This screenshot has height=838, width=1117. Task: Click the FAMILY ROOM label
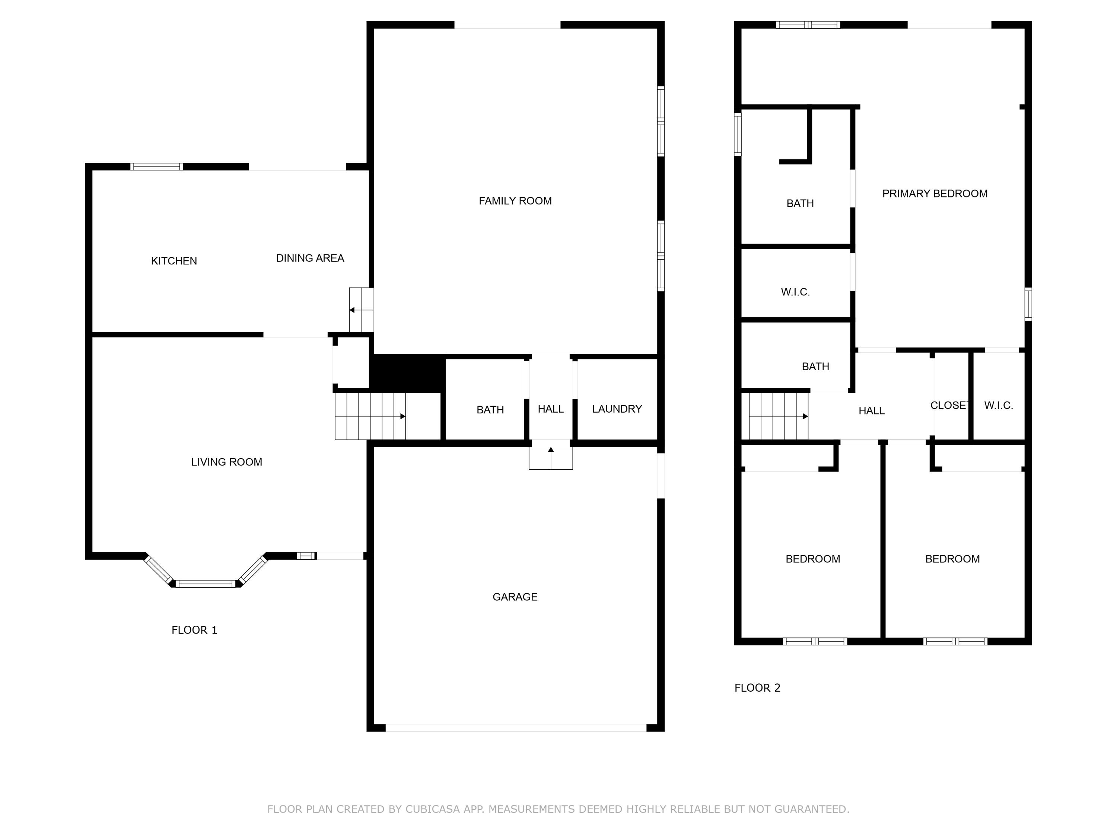pos(515,201)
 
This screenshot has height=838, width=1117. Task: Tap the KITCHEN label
pos(174,261)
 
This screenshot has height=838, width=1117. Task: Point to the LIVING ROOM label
pos(226,462)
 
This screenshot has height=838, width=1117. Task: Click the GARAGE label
pos(515,597)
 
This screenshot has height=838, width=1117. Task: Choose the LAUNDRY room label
pos(617,409)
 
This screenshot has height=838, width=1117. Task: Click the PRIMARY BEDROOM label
pos(934,193)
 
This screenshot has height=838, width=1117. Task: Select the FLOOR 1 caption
pos(194,630)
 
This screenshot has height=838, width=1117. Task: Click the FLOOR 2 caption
pos(757,688)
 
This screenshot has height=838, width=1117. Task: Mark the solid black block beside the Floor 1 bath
pos(407,373)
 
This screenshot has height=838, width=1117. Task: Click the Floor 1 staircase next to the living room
pos(370,416)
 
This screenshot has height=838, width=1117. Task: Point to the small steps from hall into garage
pos(550,458)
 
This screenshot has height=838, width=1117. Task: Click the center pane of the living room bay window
pos(205,583)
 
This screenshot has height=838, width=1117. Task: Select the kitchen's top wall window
pos(156,167)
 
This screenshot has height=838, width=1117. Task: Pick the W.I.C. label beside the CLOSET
pos(998,405)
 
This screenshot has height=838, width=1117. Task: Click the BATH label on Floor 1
pos(490,410)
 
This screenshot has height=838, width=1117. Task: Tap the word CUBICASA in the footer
pos(432,809)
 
